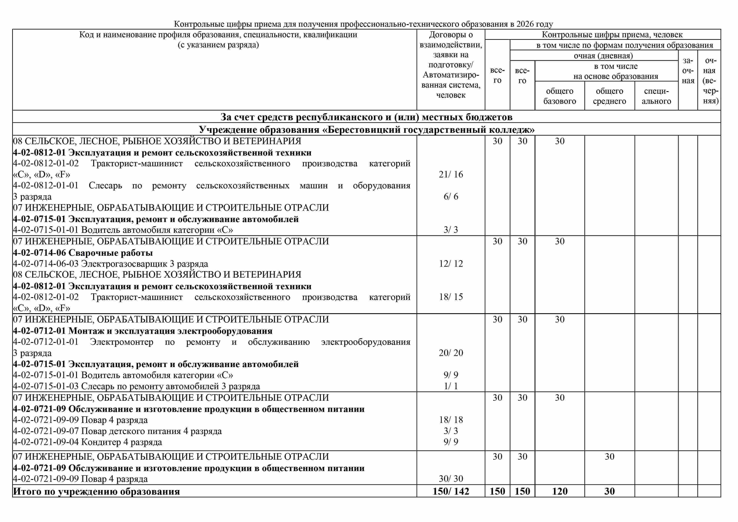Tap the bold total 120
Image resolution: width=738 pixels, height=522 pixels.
click(x=560, y=491)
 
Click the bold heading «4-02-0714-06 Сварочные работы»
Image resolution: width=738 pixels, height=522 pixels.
click(x=83, y=253)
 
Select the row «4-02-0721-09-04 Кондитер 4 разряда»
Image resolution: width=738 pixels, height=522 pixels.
click(x=88, y=442)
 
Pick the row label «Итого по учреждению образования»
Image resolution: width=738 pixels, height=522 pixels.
click(x=96, y=491)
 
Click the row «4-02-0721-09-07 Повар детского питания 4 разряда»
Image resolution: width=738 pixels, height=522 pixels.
click(x=117, y=431)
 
